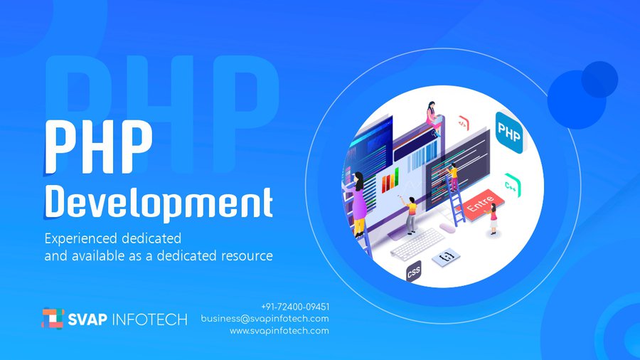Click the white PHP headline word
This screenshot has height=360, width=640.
point(98,147)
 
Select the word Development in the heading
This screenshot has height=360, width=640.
point(159,203)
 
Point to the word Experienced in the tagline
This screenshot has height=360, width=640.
point(81,239)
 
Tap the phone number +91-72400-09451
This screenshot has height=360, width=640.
point(295,307)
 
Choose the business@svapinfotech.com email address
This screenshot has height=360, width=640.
point(265,318)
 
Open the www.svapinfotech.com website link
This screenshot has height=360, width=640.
point(279,331)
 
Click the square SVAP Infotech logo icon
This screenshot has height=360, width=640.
point(53,318)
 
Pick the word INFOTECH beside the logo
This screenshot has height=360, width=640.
point(149,319)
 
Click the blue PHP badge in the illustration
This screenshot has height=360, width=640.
point(509,132)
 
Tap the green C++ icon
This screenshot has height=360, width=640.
point(512,185)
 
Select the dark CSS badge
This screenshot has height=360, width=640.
point(413,272)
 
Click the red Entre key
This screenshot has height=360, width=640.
point(481,204)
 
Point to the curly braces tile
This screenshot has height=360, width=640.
point(446,257)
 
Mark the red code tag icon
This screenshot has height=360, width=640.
point(463,123)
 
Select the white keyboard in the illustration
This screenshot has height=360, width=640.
point(417,244)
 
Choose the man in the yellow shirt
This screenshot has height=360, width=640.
point(410,215)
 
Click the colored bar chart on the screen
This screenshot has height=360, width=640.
point(390,180)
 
